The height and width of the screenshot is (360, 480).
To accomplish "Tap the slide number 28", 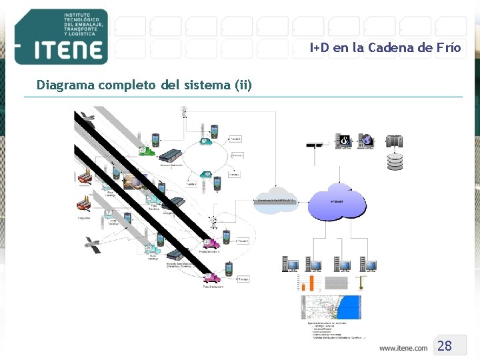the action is point(445,345).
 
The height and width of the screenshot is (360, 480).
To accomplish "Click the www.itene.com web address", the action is point(403,347).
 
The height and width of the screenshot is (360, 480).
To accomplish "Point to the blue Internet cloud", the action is point(337,201).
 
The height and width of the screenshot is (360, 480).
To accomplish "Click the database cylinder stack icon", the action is point(395,161).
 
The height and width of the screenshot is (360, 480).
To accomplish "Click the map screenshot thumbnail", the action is point(331,307).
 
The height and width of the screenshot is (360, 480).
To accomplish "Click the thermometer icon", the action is point(359,282).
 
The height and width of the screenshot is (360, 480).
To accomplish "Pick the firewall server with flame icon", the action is point(343,141).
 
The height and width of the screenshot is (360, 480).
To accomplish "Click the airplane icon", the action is point(86,118).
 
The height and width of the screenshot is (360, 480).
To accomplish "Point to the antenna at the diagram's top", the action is point(183,111).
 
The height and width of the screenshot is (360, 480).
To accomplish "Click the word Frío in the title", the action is point(448,47).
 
